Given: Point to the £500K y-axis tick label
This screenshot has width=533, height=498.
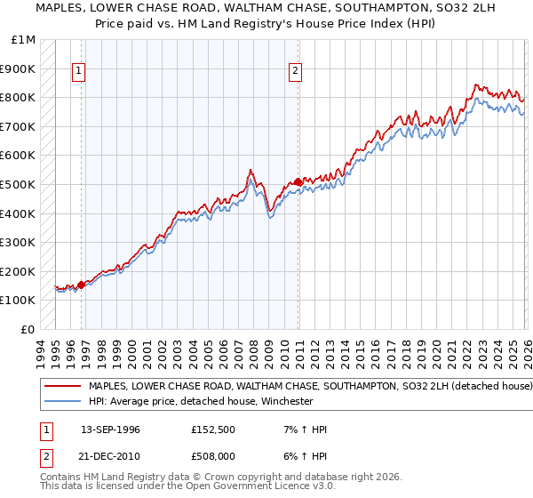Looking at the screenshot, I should click(x=19, y=185).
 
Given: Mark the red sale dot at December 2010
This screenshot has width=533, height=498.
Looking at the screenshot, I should click(x=297, y=182).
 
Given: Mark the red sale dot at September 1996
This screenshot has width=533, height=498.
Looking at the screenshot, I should click(x=81, y=285).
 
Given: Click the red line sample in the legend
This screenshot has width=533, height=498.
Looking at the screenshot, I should click(x=63, y=387).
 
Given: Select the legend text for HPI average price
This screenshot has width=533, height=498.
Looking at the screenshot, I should click(x=202, y=401).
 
